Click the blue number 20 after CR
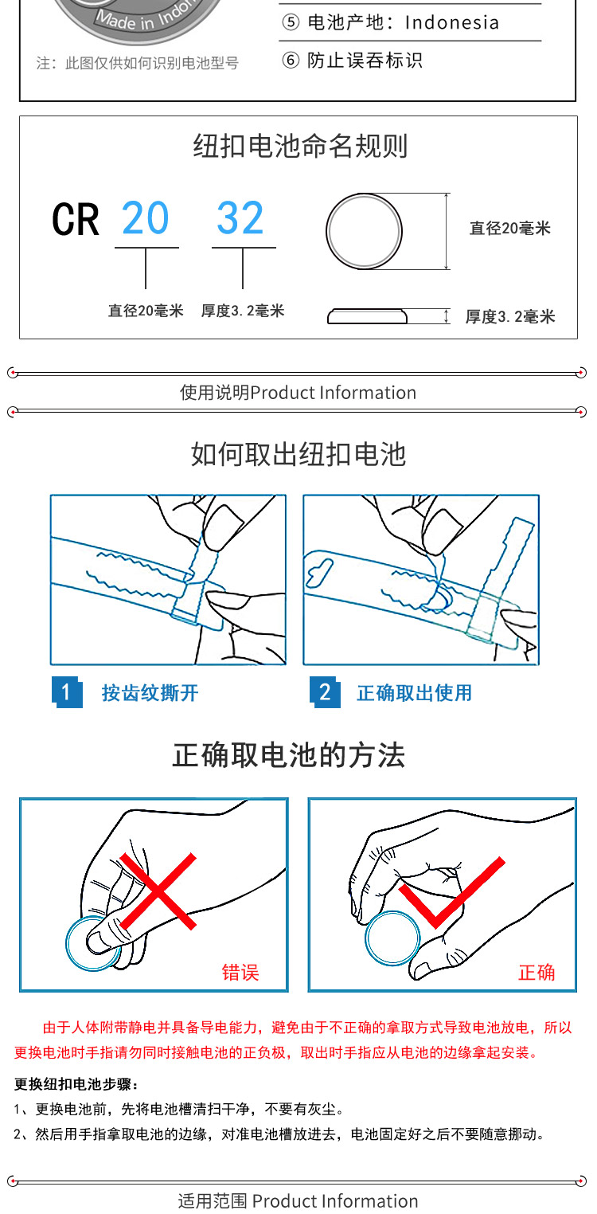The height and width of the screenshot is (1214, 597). tap(146, 218)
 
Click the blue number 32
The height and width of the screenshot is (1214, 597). tap(240, 218)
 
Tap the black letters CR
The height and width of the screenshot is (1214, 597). tap(76, 220)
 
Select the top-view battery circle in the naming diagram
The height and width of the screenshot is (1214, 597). tap(364, 232)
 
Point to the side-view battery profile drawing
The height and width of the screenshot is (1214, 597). tap(367, 316)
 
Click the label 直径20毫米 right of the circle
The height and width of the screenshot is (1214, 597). tap(509, 228)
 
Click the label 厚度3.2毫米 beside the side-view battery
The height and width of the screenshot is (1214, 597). tap(510, 316)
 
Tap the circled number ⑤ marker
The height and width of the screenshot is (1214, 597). tap(291, 22)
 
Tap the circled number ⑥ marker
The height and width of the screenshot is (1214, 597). tap(291, 61)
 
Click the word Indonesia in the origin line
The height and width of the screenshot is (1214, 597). tap(452, 23)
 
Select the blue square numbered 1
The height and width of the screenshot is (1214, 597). tap(67, 692)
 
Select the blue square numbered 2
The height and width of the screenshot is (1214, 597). tap(325, 692)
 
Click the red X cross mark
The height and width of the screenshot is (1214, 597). tap(158, 891)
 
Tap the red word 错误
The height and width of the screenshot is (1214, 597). tap(240, 973)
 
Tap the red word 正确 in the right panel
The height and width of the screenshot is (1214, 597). tap(537, 973)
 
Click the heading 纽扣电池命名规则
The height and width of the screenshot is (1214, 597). tap(300, 146)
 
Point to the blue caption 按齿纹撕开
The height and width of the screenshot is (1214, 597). tap(150, 692)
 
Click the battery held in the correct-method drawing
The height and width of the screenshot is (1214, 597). tap(392, 938)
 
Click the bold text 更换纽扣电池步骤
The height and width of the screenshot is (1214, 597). tap(73, 1084)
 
